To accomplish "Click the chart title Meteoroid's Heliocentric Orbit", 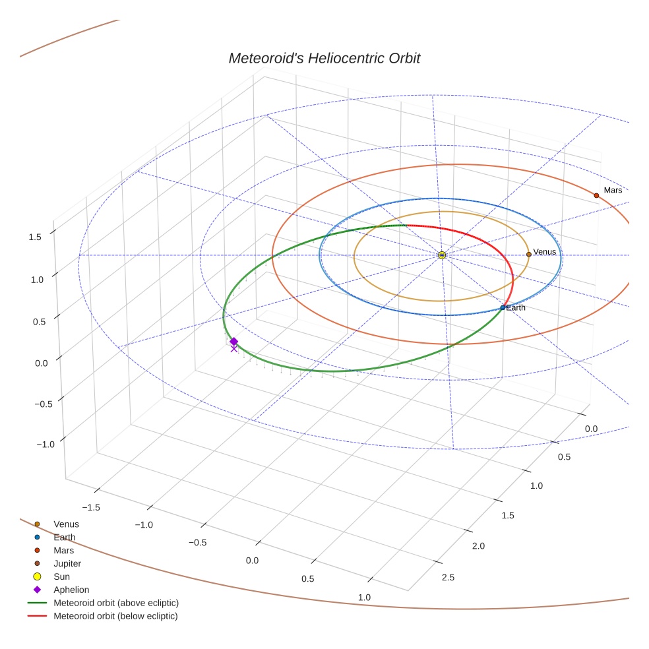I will (324, 58).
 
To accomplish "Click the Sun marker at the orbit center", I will (442, 255).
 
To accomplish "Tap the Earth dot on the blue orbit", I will (503, 307).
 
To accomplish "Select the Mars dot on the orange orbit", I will (596, 195).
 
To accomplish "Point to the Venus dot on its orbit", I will (529, 254).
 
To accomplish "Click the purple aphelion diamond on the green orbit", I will (233, 341).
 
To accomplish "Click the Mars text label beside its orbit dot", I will (613, 190).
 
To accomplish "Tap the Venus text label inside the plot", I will (545, 252).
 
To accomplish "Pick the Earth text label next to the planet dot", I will (516, 308).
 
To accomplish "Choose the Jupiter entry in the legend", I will (67, 563).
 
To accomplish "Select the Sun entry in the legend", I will (61, 576).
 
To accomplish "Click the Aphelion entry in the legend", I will (71, 590).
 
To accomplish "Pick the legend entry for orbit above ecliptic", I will (115, 603).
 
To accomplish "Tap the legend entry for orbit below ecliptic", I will (115, 616).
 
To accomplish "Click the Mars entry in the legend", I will (63, 550).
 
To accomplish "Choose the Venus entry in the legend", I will (66, 524).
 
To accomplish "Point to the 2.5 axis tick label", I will (447, 578).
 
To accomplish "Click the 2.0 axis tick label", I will (478, 546).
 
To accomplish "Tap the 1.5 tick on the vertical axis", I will (35, 237).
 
